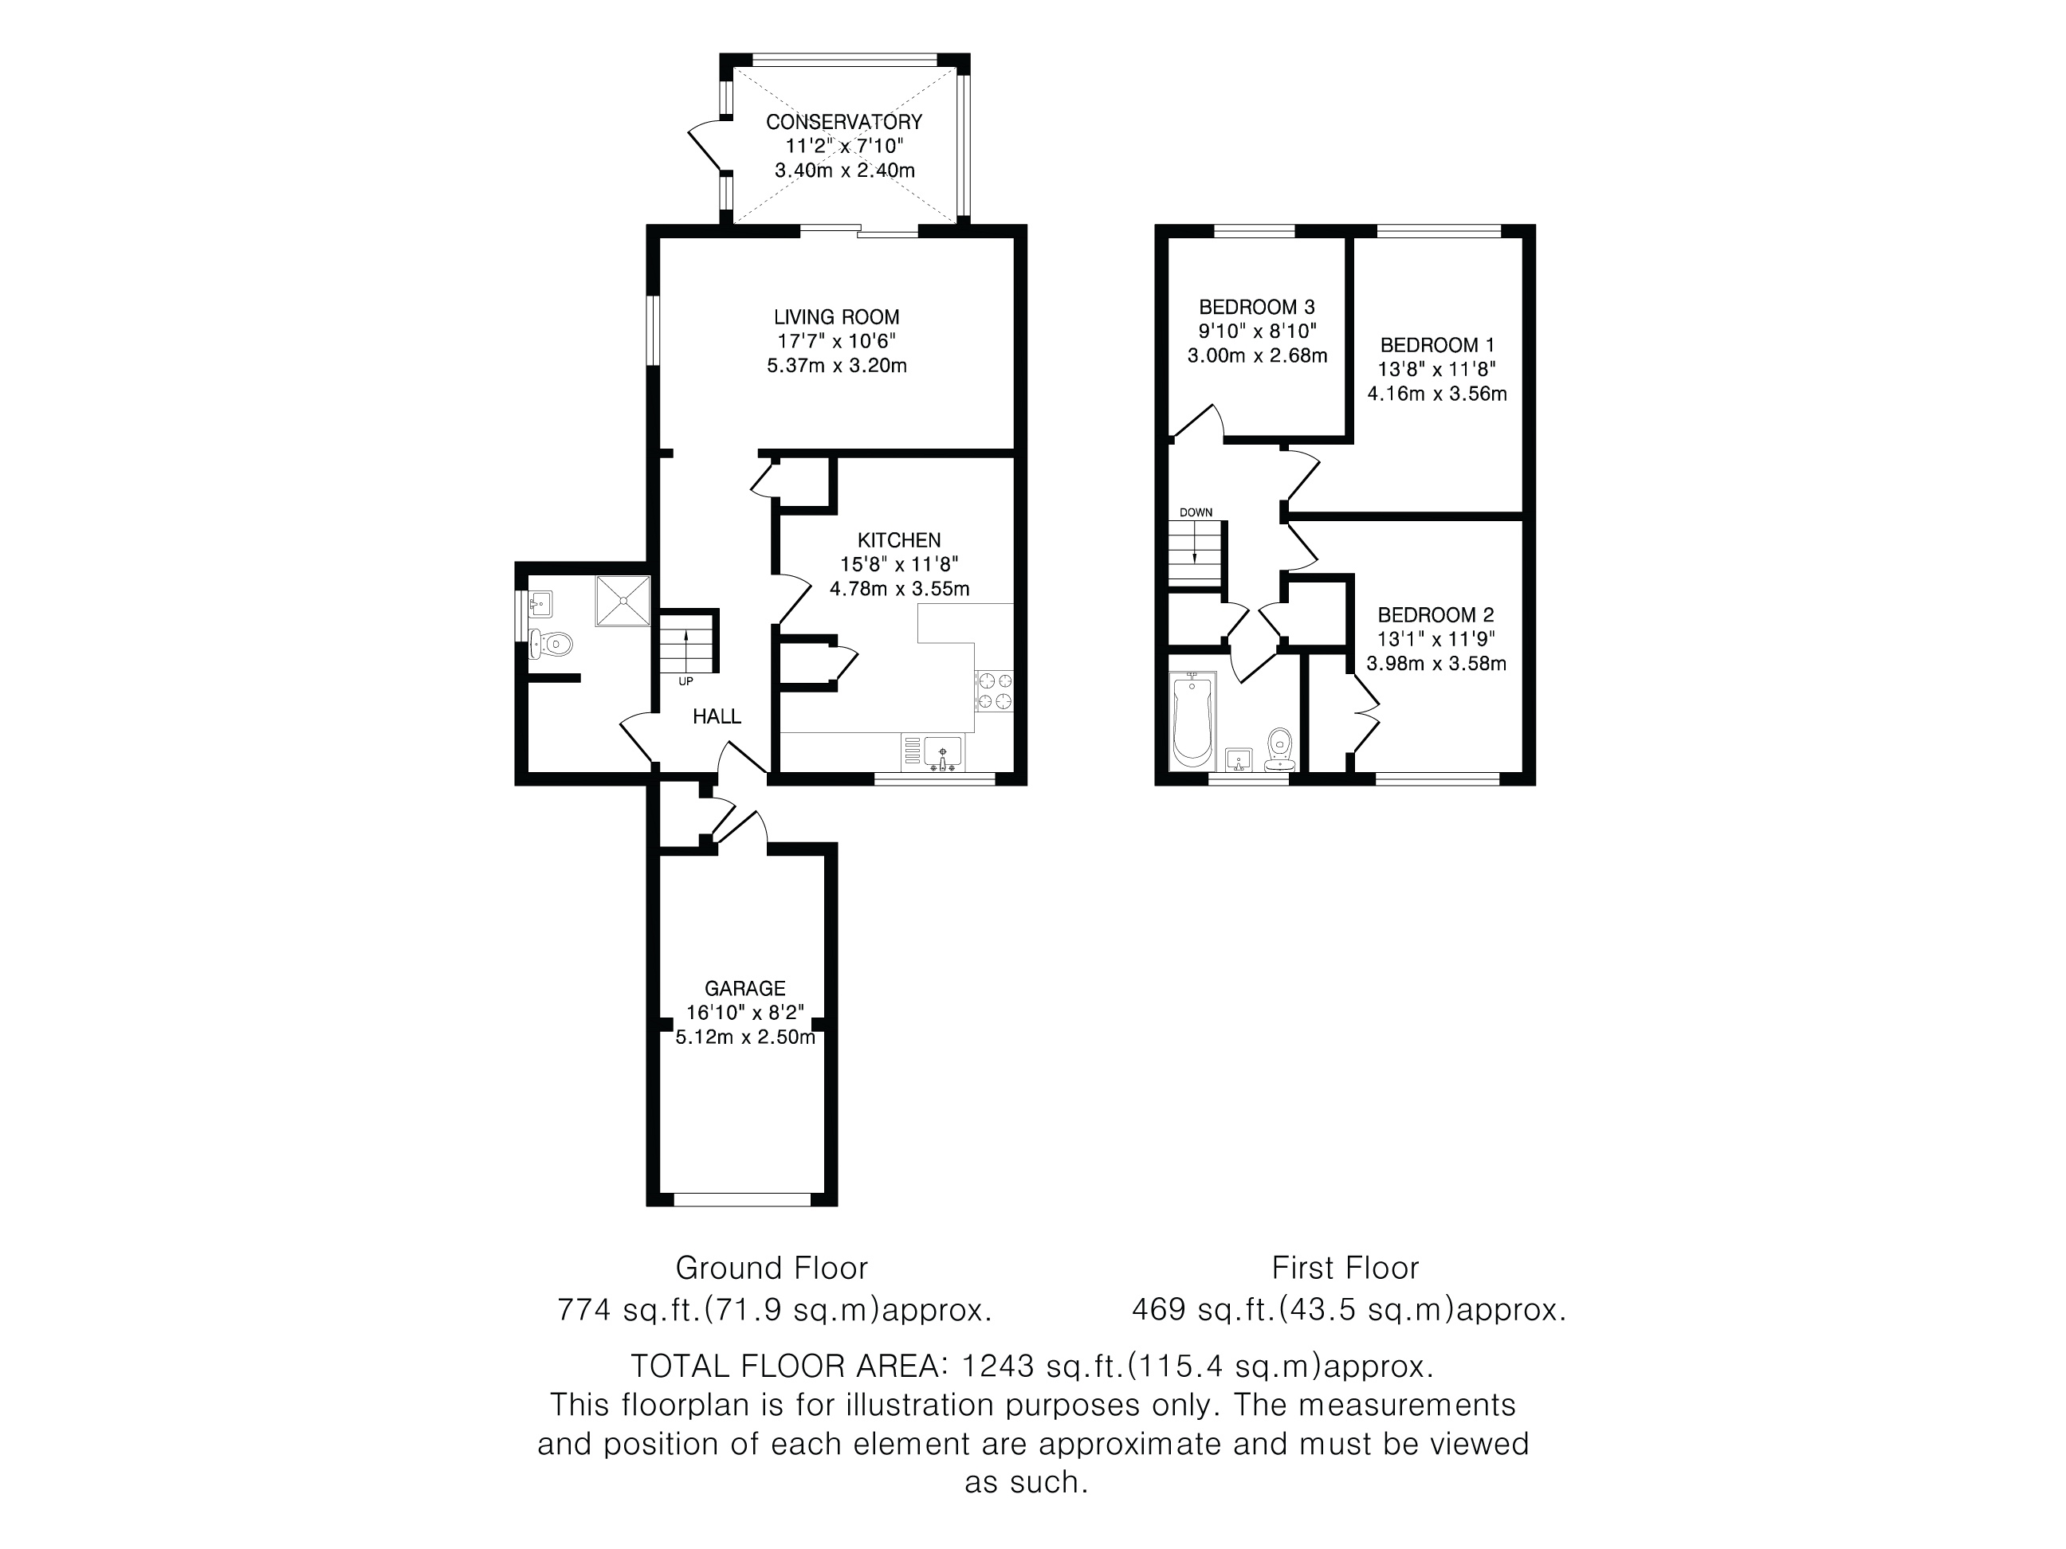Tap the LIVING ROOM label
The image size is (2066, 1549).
pos(836,317)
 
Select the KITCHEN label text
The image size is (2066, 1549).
pos(899,540)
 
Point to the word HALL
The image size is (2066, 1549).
pos(717,716)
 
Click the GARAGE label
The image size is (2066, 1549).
pos(744,988)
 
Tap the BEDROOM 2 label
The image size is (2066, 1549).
pos(1436,615)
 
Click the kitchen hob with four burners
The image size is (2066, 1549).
pos(994,691)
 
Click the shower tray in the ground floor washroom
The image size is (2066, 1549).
pos(622,600)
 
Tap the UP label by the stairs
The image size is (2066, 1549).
pos(685,681)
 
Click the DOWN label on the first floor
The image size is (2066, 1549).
pos(1196,512)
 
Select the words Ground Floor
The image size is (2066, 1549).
pos(772,1268)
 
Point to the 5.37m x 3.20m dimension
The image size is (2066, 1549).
pos(837,366)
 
